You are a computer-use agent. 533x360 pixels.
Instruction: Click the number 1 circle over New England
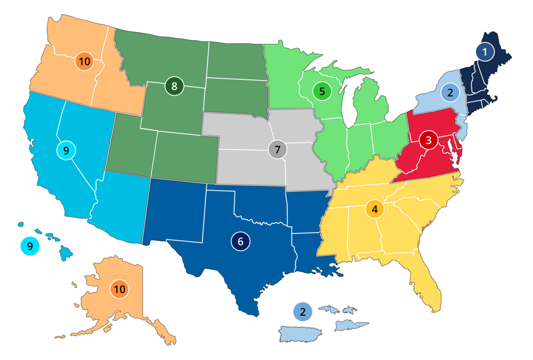coord(485,52)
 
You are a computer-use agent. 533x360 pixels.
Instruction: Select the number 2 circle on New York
coord(449,92)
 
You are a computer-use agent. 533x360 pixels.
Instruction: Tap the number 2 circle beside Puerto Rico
coord(303,312)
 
